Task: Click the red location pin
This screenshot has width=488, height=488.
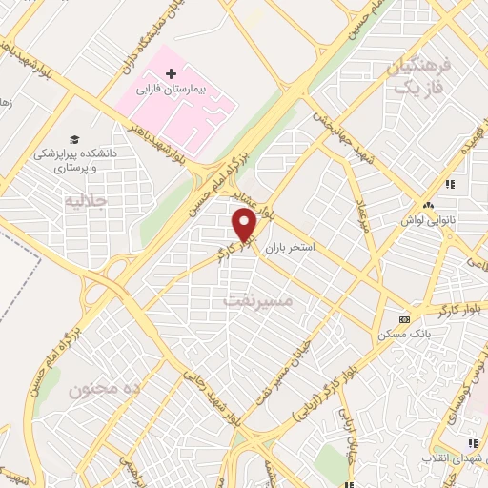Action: point(245,226)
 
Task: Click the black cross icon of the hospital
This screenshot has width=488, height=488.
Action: point(172,72)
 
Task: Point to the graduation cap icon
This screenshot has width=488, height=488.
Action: point(73,138)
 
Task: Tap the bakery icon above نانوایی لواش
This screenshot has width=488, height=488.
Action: point(428,205)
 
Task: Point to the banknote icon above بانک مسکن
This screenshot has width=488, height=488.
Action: point(405,319)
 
